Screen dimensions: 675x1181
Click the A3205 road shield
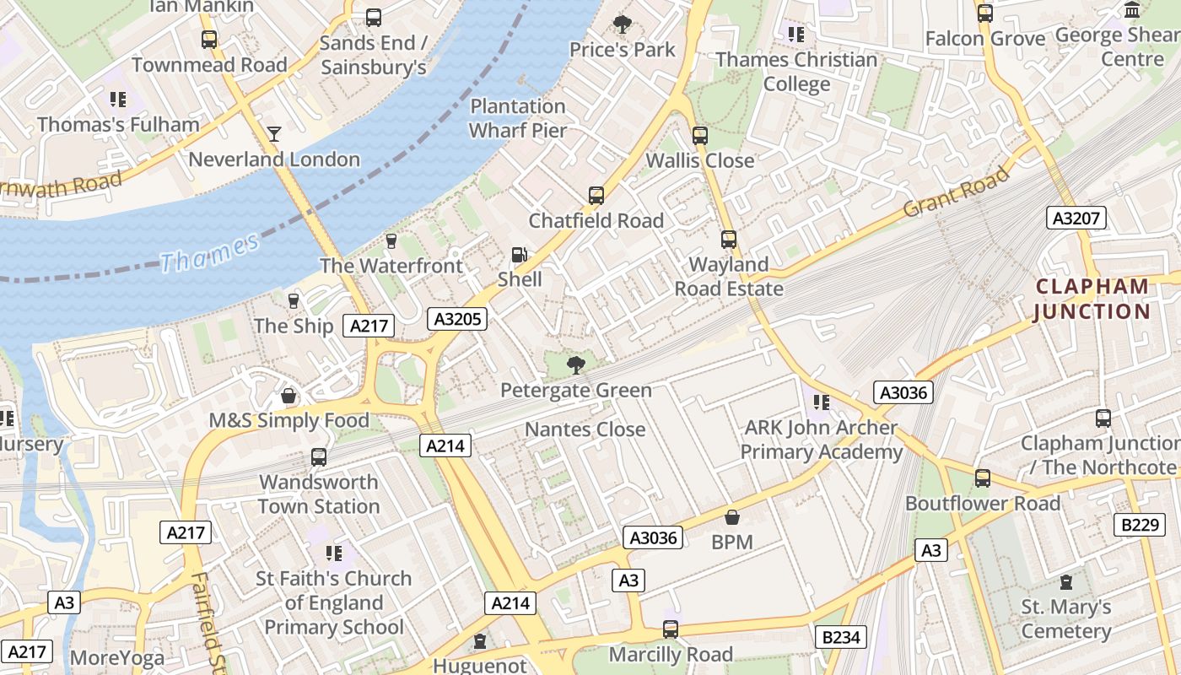click(x=456, y=318)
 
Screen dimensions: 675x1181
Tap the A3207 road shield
click(x=1076, y=219)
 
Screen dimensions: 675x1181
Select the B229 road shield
click(x=1139, y=525)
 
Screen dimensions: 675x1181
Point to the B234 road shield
click(x=840, y=637)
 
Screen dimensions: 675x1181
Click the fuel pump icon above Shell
click(x=520, y=255)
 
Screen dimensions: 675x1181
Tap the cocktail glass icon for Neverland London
click(x=274, y=134)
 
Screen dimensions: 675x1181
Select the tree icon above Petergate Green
click(x=576, y=365)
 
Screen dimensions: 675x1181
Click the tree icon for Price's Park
click(x=623, y=24)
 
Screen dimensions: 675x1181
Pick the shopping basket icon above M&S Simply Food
click(x=289, y=396)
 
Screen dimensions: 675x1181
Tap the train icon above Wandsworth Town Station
click(x=318, y=457)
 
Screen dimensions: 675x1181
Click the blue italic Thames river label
click(x=208, y=252)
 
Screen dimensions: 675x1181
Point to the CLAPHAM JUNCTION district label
click(x=1092, y=299)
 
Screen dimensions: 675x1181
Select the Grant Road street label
click(x=956, y=192)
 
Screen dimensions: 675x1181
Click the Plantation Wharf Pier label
click(x=517, y=118)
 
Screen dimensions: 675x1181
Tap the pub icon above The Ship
click(x=294, y=301)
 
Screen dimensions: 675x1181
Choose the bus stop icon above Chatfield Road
click(x=596, y=196)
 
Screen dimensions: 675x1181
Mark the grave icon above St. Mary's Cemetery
click(x=1066, y=582)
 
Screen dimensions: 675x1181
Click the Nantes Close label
click(x=585, y=429)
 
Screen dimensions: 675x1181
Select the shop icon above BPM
click(x=731, y=517)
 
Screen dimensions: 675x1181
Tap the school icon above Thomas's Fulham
click(x=118, y=100)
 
